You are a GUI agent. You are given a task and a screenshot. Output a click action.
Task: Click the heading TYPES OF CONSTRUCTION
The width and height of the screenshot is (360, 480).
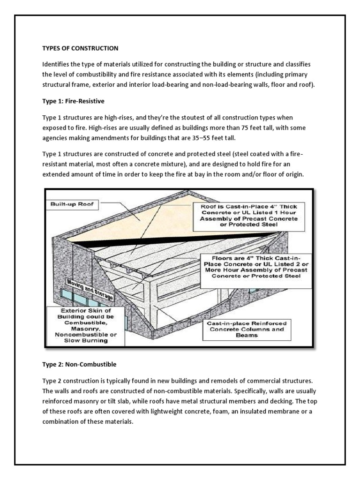click(81, 48)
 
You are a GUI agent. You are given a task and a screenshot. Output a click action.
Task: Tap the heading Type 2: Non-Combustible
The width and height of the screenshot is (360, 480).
click(79, 364)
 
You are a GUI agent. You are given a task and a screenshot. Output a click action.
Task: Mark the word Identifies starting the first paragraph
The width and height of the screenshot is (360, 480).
click(56, 64)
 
